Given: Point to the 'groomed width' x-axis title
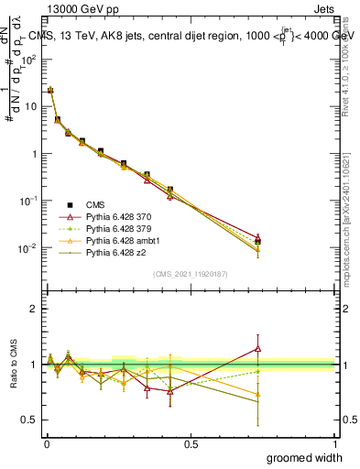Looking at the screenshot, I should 305,457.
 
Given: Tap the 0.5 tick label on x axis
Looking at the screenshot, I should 191,443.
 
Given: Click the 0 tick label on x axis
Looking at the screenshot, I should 47,443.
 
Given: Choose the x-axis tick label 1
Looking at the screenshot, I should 335,443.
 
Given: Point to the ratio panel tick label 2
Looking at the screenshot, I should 34,309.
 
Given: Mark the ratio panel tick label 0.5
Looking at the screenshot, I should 29,420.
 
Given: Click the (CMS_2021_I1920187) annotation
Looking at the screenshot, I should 191,274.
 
